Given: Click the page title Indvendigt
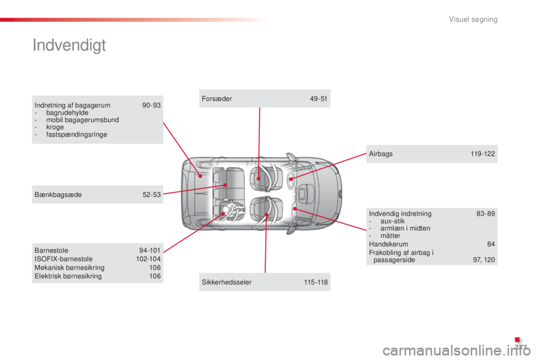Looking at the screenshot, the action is [69, 46].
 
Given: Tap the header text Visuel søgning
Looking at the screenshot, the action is [473, 20].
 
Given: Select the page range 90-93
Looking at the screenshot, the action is [151, 105].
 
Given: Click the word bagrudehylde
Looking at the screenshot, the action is [67, 112].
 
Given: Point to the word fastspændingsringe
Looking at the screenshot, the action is [76, 134].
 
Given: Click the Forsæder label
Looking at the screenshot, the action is [217, 99].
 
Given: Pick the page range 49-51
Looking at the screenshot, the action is [318, 99].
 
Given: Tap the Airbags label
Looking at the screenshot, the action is [381, 154].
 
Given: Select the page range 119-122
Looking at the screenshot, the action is [483, 154].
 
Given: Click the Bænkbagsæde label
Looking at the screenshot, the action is [58, 195].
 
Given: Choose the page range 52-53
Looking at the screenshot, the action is [151, 195].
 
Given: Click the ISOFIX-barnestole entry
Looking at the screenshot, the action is [64, 259].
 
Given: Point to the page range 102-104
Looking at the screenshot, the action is [148, 259].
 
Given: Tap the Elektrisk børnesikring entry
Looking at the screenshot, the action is [68, 276].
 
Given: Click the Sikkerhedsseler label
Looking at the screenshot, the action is [227, 282].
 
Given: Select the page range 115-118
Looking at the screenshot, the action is [316, 282].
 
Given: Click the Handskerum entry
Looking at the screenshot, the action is [389, 244].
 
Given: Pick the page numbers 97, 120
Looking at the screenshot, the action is [484, 260].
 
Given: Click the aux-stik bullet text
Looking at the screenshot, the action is [393, 221].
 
